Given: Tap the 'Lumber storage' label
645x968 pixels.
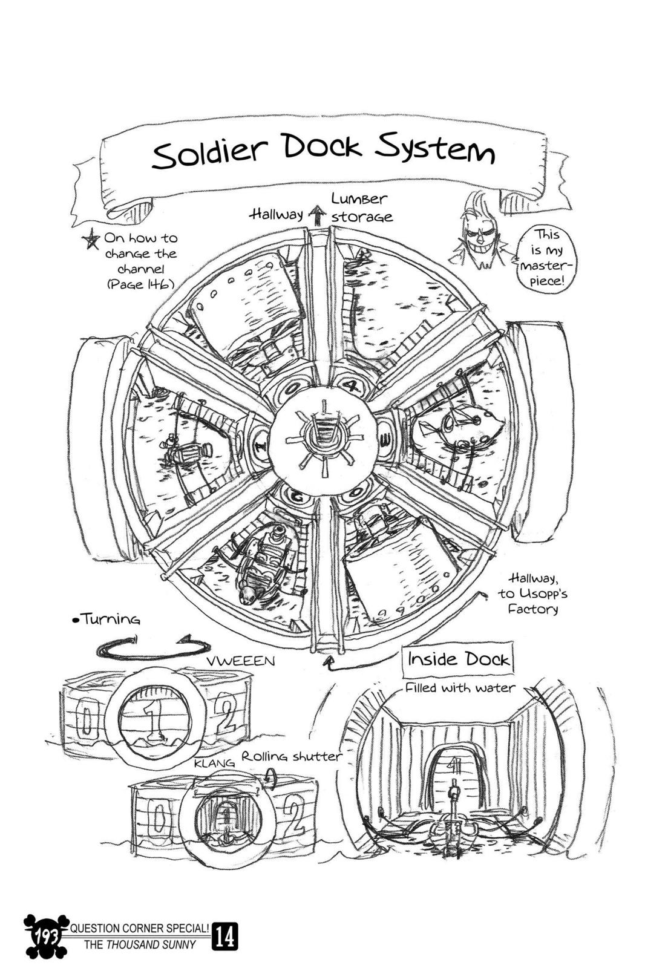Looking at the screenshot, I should tap(361, 208).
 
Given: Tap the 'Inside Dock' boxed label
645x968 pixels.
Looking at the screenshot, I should tap(459, 659).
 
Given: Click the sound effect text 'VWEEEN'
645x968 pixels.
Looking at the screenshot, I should tap(241, 661).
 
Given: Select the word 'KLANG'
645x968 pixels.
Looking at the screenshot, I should tap(214, 764).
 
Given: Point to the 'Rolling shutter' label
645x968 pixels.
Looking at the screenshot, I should tap(292, 756).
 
